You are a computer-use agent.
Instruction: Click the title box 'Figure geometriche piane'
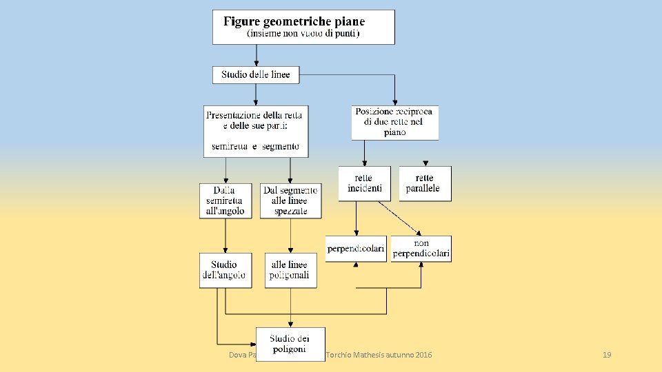pyautogui.click(x=303, y=27)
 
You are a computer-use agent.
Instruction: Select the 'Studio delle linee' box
pyautogui.click(x=256, y=74)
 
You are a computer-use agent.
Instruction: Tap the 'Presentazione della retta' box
pyautogui.click(x=257, y=131)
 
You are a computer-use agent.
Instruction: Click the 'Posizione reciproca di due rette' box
pyautogui.click(x=394, y=123)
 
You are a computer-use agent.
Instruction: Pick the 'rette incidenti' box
pyautogui.click(x=364, y=183)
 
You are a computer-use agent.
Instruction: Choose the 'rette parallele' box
pyautogui.click(x=425, y=183)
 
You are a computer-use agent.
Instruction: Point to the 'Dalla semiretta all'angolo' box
pyautogui.click(x=225, y=201)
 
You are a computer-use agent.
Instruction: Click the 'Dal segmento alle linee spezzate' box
pyautogui.click(x=290, y=201)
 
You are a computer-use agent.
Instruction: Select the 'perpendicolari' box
pyautogui.click(x=356, y=249)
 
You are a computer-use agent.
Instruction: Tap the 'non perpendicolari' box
pyautogui.click(x=421, y=249)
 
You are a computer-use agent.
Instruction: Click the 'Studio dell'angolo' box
pyautogui.click(x=225, y=270)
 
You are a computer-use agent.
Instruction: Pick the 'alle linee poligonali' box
pyautogui.click(x=290, y=270)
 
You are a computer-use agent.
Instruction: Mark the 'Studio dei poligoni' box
pyautogui.click(x=290, y=343)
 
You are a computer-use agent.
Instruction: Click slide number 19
pyautogui.click(x=607, y=355)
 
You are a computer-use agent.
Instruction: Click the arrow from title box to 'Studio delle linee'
pyautogui.click(x=257, y=55)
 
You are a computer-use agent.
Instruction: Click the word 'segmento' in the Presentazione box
pyautogui.click(x=280, y=146)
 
